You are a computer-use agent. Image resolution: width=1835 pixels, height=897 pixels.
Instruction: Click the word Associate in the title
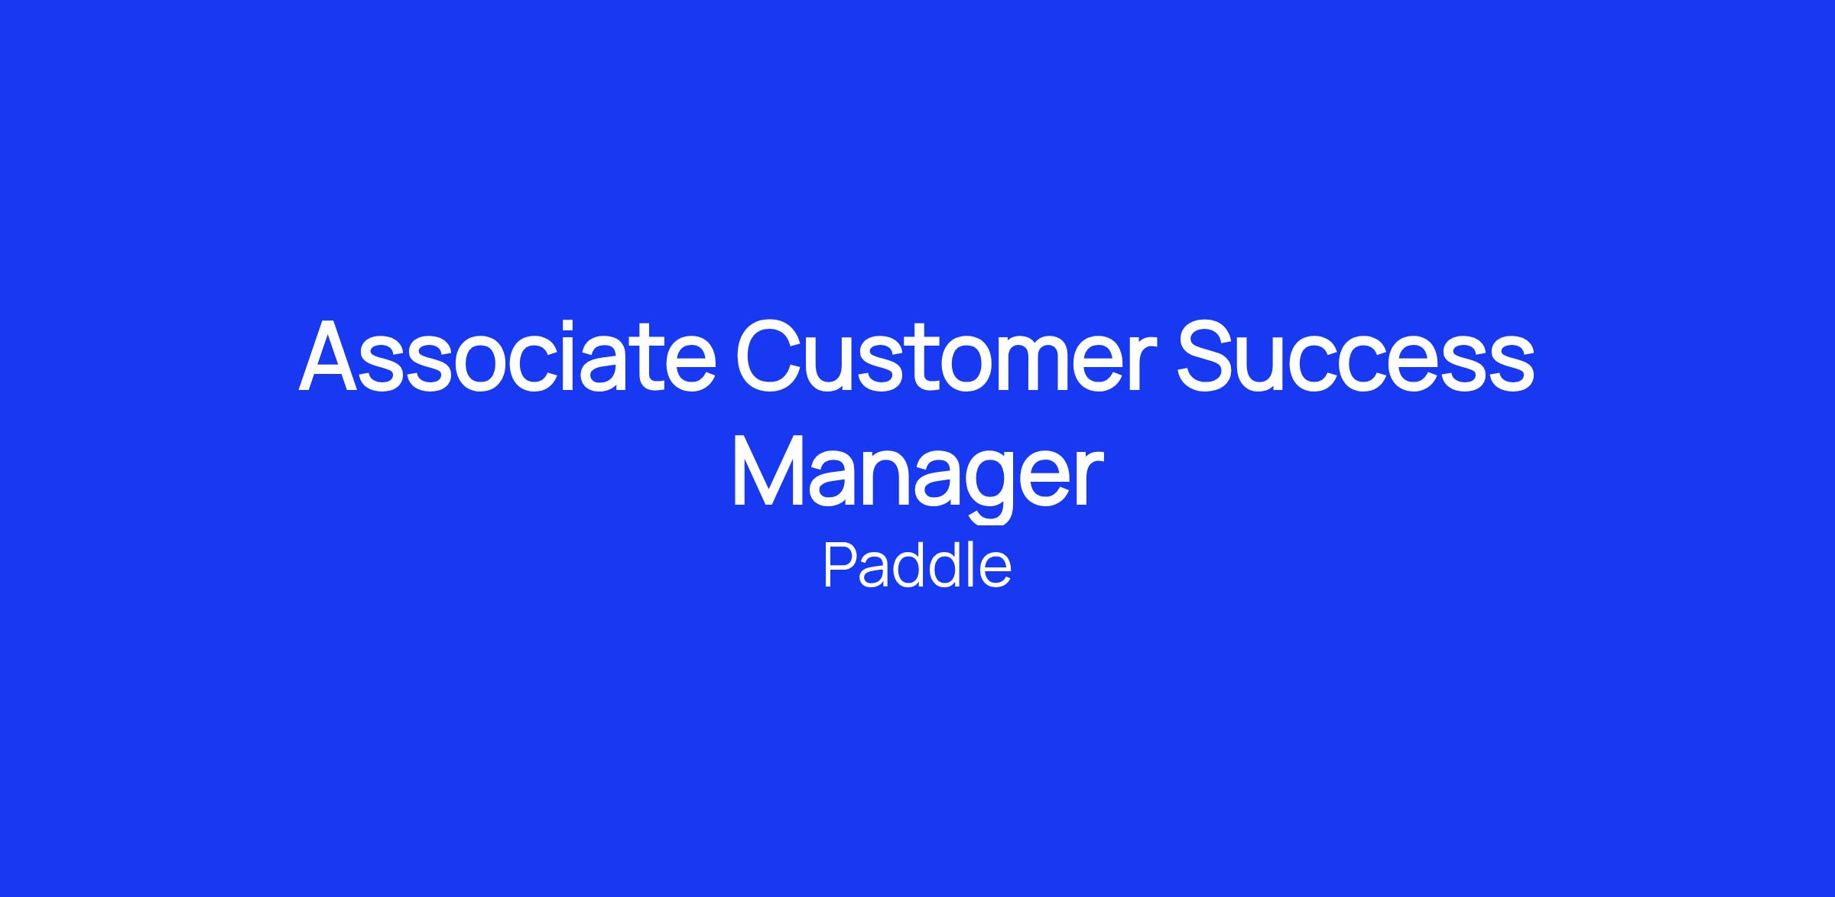pyautogui.click(x=507, y=354)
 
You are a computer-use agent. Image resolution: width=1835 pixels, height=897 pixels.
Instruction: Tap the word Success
pyautogui.click(x=1356, y=354)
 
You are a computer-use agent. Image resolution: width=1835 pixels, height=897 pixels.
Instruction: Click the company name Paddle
pyautogui.click(x=917, y=566)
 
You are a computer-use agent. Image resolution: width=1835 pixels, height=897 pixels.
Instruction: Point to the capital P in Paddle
pyautogui.click(x=840, y=566)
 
